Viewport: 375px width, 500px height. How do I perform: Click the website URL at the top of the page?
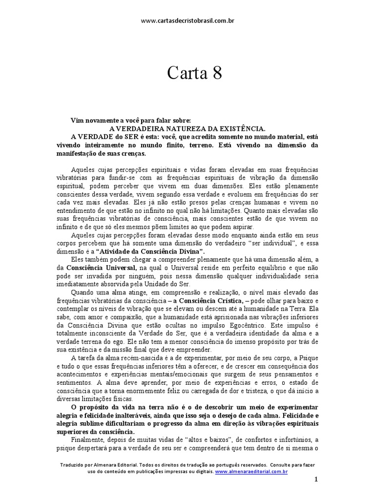187,21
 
